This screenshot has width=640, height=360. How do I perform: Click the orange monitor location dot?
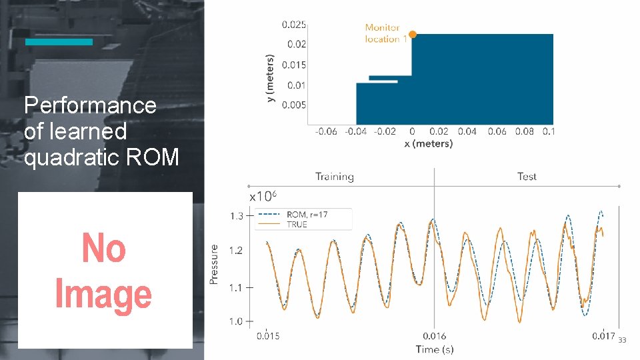412,34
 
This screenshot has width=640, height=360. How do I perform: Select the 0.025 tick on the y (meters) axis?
294,25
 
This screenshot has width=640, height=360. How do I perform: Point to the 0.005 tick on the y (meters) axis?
294,105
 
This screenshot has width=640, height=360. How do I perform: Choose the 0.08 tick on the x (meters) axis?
525,131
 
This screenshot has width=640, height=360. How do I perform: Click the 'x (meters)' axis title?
428,143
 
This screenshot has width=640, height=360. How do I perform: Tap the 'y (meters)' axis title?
271,77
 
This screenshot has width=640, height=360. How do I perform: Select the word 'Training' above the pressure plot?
334,177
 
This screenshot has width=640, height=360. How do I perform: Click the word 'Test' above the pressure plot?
527,177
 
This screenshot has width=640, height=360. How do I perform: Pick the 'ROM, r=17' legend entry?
307,215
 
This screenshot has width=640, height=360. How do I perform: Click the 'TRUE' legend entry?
297,225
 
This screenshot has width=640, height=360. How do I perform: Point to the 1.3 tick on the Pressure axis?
237,216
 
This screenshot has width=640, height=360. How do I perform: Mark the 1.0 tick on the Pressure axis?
237,321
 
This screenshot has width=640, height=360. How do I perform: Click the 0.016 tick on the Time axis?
435,336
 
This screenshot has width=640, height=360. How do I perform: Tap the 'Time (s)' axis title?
435,349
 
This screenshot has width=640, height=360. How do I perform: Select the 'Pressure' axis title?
214,265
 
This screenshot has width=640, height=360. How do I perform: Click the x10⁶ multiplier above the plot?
263,197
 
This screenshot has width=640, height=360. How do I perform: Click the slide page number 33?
622,340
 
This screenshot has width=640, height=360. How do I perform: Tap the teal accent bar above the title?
59,42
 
